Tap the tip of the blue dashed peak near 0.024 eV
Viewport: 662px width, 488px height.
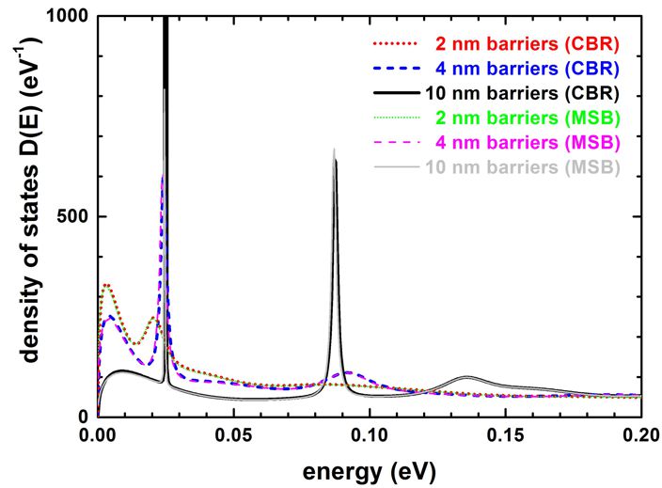[163, 177]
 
